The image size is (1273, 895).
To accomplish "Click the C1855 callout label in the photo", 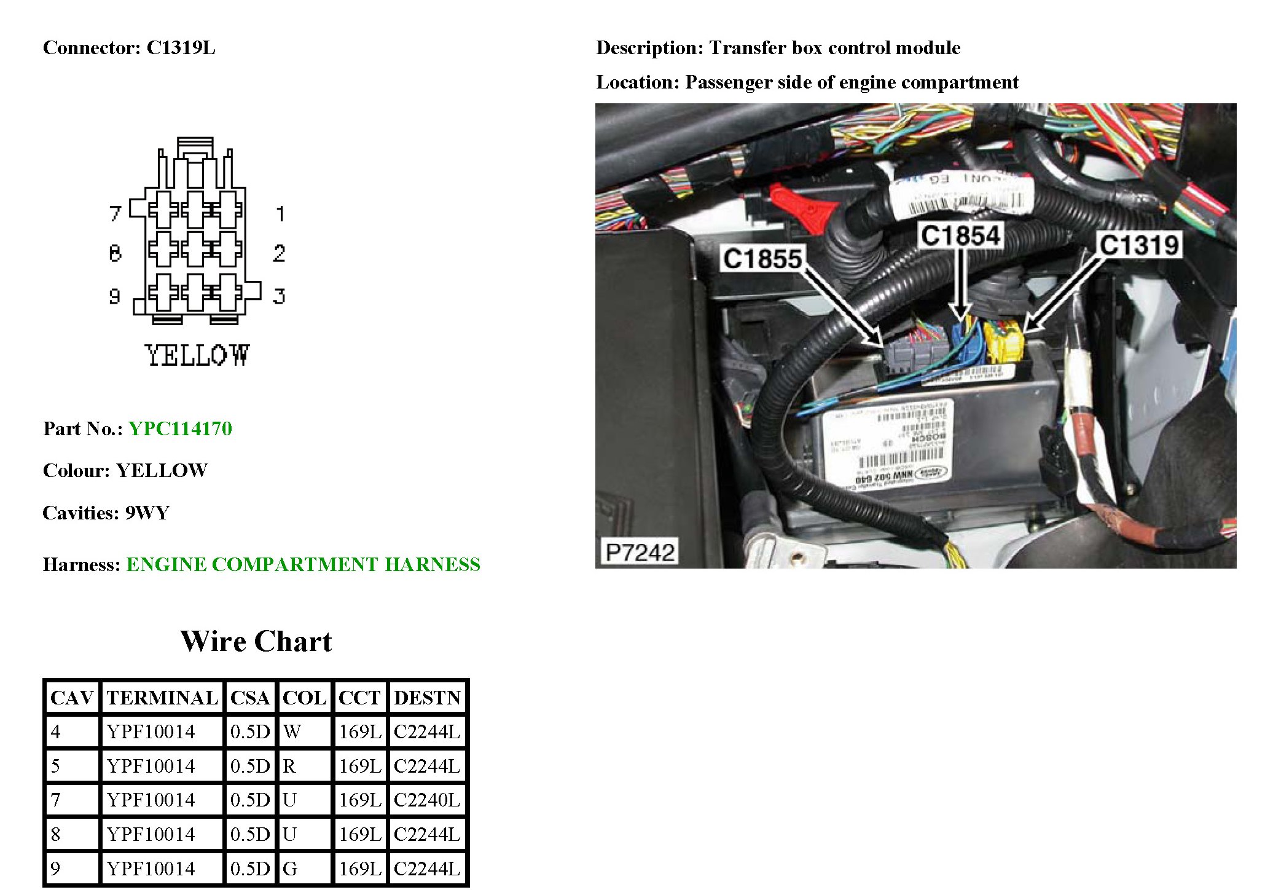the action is tap(762, 259).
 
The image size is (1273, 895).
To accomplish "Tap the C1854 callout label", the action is tap(961, 235).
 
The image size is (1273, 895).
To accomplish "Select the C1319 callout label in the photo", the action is tap(1139, 245).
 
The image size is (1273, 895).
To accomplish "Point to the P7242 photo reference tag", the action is tap(640, 552).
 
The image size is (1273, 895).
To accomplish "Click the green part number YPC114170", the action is tap(180, 428).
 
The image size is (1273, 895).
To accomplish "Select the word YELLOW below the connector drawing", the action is tap(197, 355).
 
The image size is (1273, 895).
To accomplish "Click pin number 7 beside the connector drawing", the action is tap(115, 213).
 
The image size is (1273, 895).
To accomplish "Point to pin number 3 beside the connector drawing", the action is tap(280, 296).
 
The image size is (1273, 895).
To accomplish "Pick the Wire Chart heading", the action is tap(256, 641).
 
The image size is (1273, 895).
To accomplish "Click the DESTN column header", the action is tap(427, 698).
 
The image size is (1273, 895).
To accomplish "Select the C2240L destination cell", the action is tap(427, 800).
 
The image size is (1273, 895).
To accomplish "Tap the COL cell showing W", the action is tap(292, 731).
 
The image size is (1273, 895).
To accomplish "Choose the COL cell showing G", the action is tap(290, 868).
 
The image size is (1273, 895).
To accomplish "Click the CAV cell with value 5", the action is tap(56, 766).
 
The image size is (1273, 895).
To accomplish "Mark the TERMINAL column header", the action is tap(162, 698).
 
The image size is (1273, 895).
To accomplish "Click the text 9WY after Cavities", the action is tap(147, 513).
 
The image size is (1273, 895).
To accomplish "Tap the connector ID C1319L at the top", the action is tap(181, 48).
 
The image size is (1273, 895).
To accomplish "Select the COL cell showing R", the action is tap(289, 766).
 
